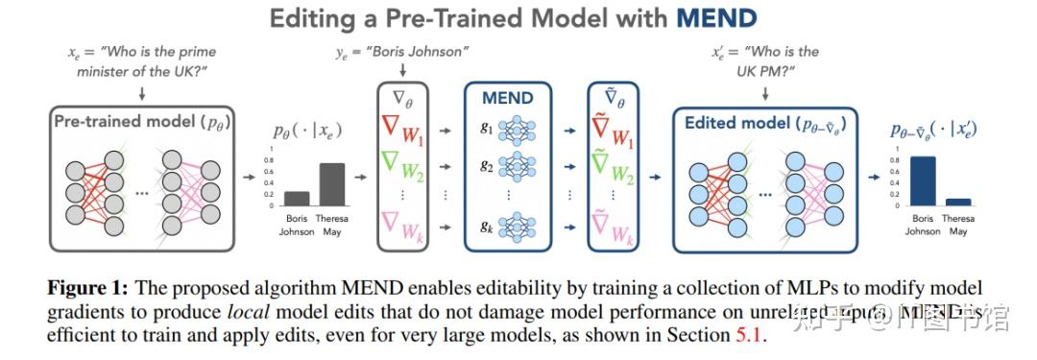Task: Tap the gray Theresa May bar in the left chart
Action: click(332, 184)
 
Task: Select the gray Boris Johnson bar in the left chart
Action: click(297, 199)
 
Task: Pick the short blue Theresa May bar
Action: click(957, 202)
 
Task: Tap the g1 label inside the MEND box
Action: click(486, 127)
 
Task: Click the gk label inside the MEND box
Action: click(486, 227)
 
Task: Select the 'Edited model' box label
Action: click(759, 123)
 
